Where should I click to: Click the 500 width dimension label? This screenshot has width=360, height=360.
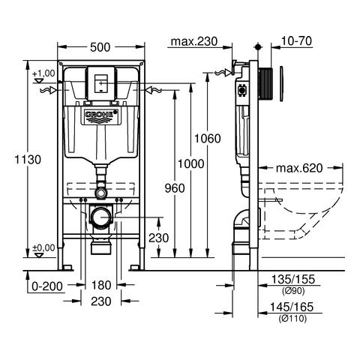pyautogui.click(x=100, y=47)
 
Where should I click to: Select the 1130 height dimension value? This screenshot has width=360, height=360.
pyautogui.click(x=28, y=160)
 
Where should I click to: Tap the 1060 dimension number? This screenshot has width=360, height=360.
pyautogui.click(x=208, y=138)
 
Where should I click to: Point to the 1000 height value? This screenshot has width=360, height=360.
pyautogui.click(x=190, y=164)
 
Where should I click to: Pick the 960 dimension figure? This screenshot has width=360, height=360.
pyautogui.click(x=175, y=188)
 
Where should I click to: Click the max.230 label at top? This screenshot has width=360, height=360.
pyautogui.click(x=194, y=41)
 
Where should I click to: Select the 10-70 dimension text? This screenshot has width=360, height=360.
pyautogui.click(x=297, y=40)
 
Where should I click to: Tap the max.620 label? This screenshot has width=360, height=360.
pyautogui.click(x=299, y=168)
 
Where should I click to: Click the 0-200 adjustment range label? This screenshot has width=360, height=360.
pyautogui.click(x=47, y=286)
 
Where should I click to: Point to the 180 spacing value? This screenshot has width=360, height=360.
pyautogui.click(x=101, y=285)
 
